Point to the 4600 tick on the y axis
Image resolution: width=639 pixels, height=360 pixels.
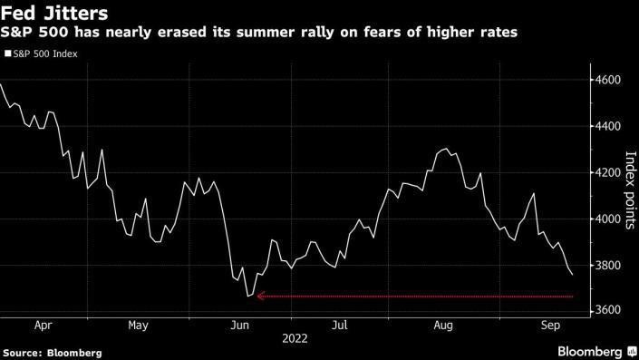[608, 81]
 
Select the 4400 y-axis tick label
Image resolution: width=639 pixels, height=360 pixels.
[608, 127]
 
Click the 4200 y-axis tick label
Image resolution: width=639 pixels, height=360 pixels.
[608, 172]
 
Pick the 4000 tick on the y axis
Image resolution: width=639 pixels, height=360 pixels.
[608, 219]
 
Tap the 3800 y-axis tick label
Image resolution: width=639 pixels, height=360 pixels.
[608, 265]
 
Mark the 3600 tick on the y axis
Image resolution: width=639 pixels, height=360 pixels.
[608, 311]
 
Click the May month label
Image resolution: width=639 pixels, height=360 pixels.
[139, 324]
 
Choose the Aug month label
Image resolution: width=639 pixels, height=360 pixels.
[442, 324]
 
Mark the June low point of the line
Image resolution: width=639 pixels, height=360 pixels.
[248, 296]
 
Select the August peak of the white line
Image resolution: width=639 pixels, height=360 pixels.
[446, 149]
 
